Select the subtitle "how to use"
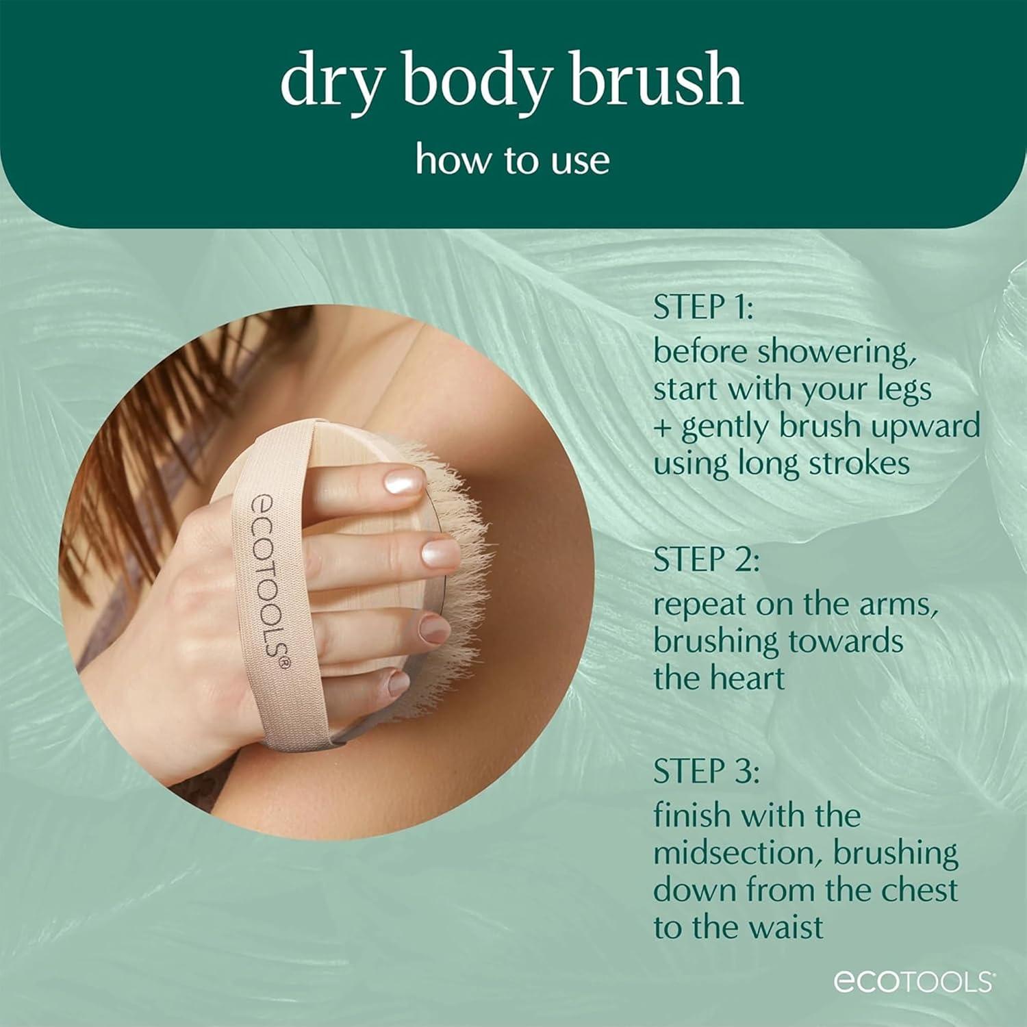[x=512, y=160]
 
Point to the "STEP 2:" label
[x=706, y=560]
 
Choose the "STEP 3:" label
[x=706, y=772]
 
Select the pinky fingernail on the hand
[x=398, y=683]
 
